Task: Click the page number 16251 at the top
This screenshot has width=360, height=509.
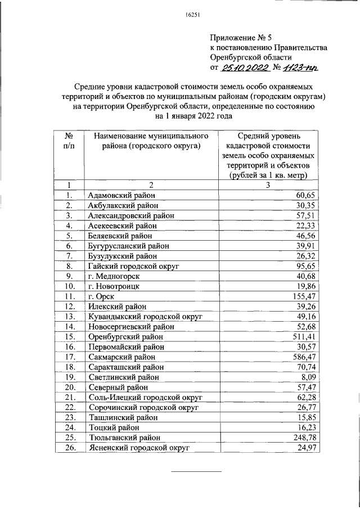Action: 185,15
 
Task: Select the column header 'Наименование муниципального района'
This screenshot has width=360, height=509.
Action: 147,141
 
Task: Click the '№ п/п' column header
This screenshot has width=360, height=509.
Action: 67,141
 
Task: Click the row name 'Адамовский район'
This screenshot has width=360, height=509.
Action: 121,195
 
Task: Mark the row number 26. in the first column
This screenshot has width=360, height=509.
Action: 69,448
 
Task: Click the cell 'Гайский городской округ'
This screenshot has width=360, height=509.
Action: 134,266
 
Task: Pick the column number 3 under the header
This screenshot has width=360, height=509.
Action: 268,185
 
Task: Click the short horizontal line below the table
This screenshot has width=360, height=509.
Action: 190,471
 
